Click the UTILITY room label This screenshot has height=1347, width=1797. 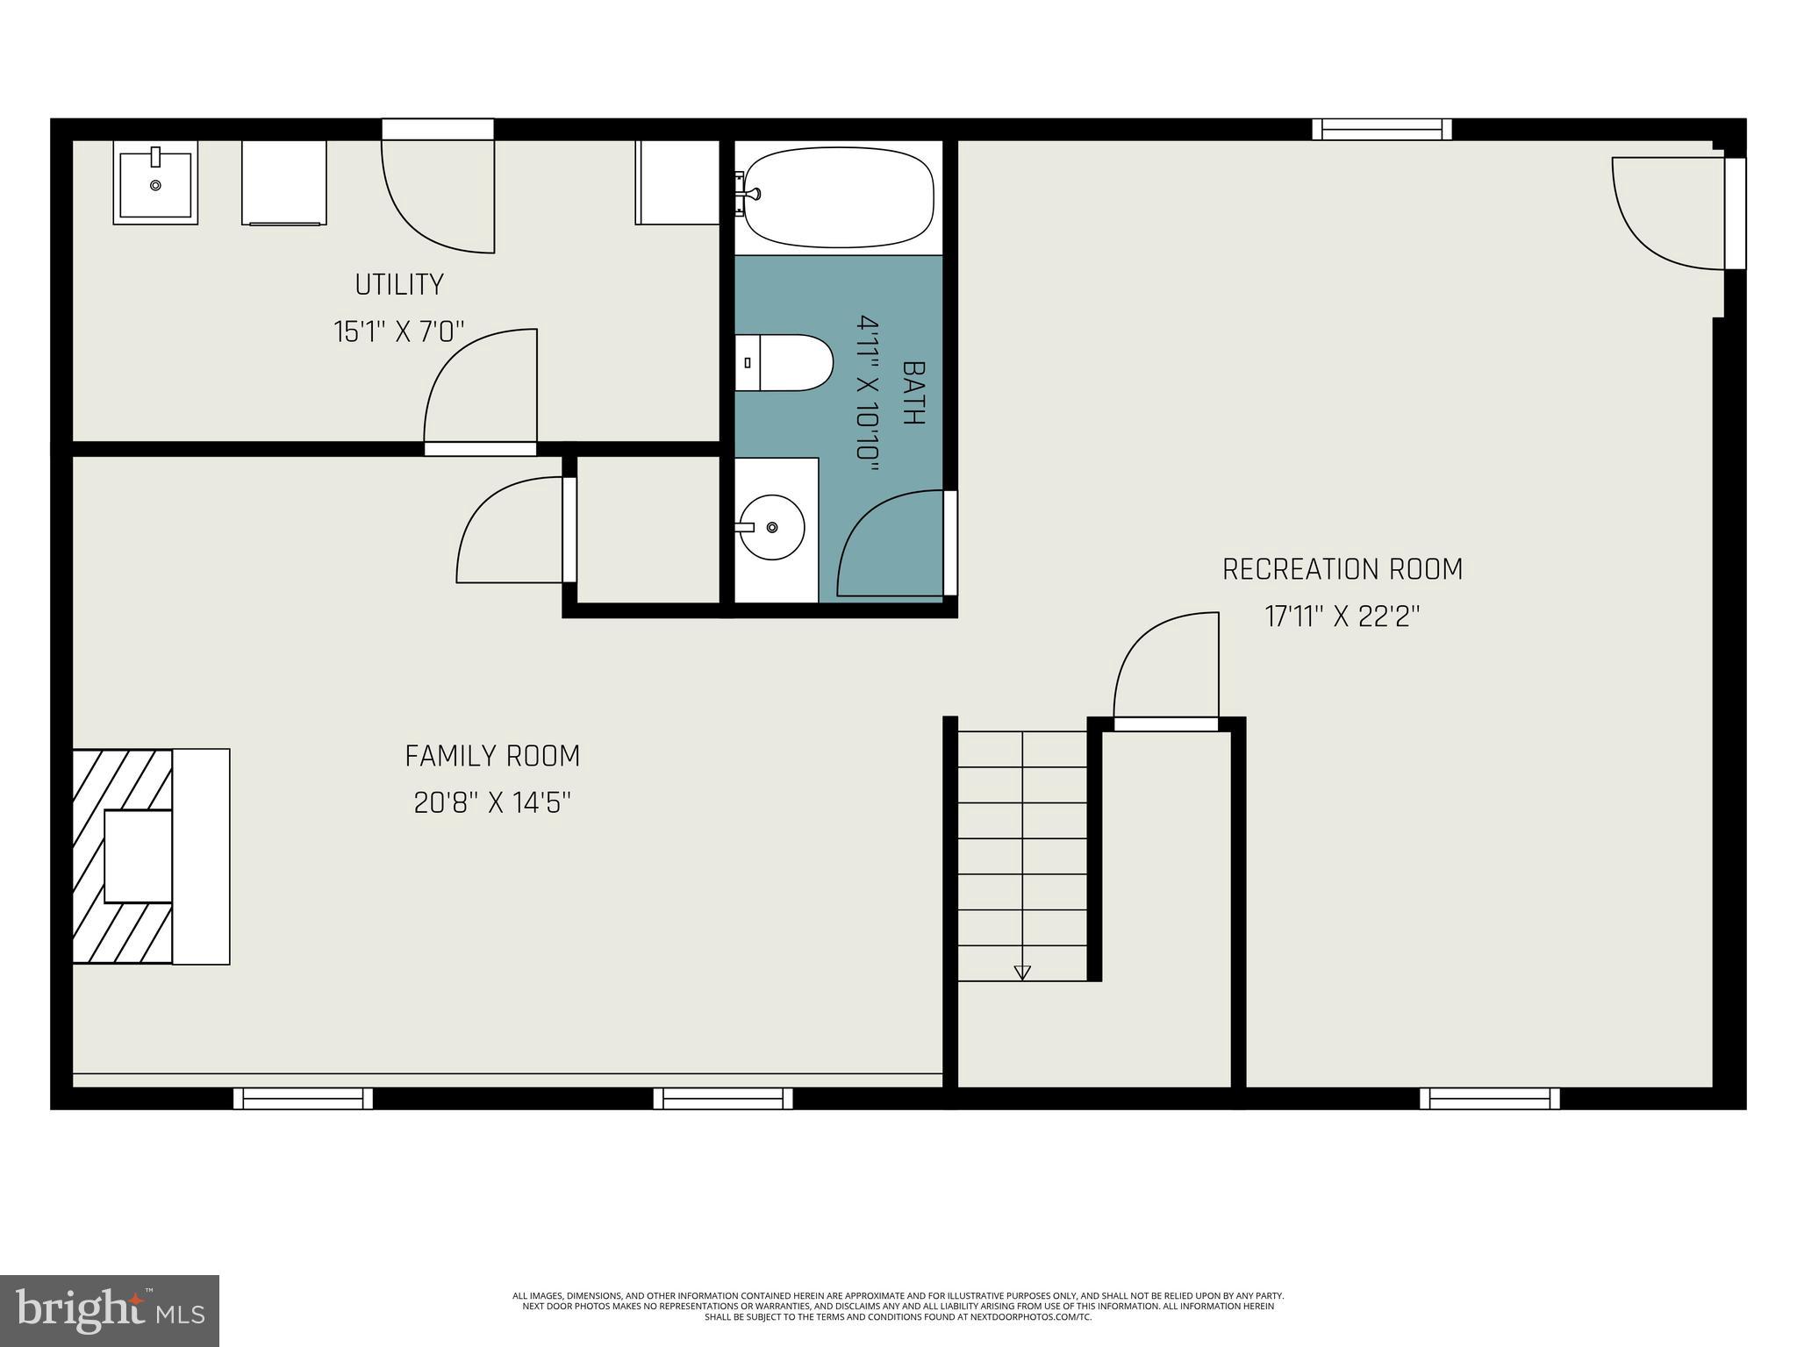[399, 284]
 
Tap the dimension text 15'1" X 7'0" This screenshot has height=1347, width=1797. [399, 332]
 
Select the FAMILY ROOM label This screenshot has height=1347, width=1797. [492, 756]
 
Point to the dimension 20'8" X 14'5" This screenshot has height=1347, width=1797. [492, 803]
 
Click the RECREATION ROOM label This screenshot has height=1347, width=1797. [1342, 570]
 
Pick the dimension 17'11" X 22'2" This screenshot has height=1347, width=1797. [1342, 617]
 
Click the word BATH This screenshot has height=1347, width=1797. [913, 393]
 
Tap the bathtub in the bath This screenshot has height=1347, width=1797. [839, 197]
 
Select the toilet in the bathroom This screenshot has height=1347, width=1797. [785, 362]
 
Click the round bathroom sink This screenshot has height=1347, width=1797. [771, 527]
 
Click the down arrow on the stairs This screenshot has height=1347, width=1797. [1021, 972]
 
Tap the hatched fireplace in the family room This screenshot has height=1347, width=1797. [123, 856]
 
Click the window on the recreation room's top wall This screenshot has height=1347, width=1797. [1381, 130]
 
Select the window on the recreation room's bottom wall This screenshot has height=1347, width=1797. [1489, 1098]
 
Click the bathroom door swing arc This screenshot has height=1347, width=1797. [886, 544]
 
